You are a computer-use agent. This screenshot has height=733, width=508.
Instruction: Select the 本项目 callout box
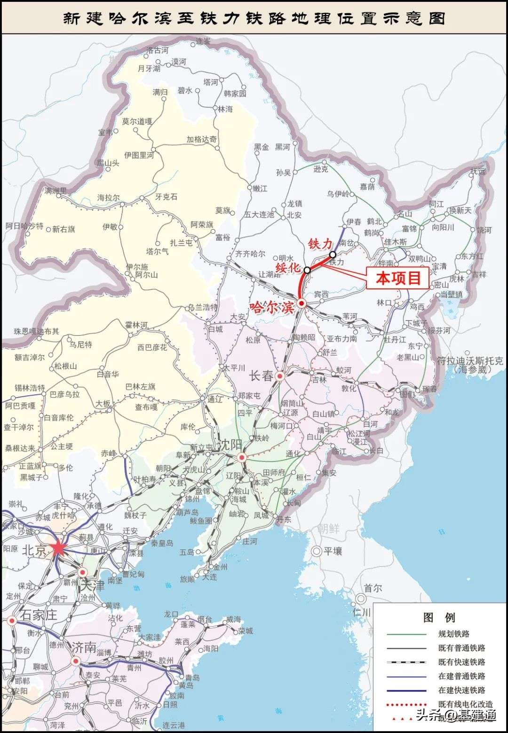point(398,278)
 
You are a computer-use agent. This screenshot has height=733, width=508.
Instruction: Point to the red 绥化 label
point(287,268)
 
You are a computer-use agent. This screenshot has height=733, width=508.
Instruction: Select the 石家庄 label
point(38,614)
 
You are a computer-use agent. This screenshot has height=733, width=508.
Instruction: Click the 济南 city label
point(84,647)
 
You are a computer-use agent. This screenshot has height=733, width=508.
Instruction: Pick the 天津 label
point(93,586)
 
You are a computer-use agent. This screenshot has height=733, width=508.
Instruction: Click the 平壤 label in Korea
point(333,551)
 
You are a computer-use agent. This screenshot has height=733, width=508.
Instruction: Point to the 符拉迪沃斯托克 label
point(469,361)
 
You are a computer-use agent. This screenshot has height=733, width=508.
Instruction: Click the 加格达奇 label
point(201,139)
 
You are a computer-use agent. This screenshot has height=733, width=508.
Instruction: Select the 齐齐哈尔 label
point(250,254)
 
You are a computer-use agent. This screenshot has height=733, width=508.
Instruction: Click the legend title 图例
point(439,617)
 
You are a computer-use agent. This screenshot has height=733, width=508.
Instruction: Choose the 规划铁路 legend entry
point(453,634)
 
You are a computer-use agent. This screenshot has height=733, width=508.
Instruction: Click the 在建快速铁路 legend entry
point(461,690)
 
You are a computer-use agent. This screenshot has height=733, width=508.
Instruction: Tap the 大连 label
point(210,577)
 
